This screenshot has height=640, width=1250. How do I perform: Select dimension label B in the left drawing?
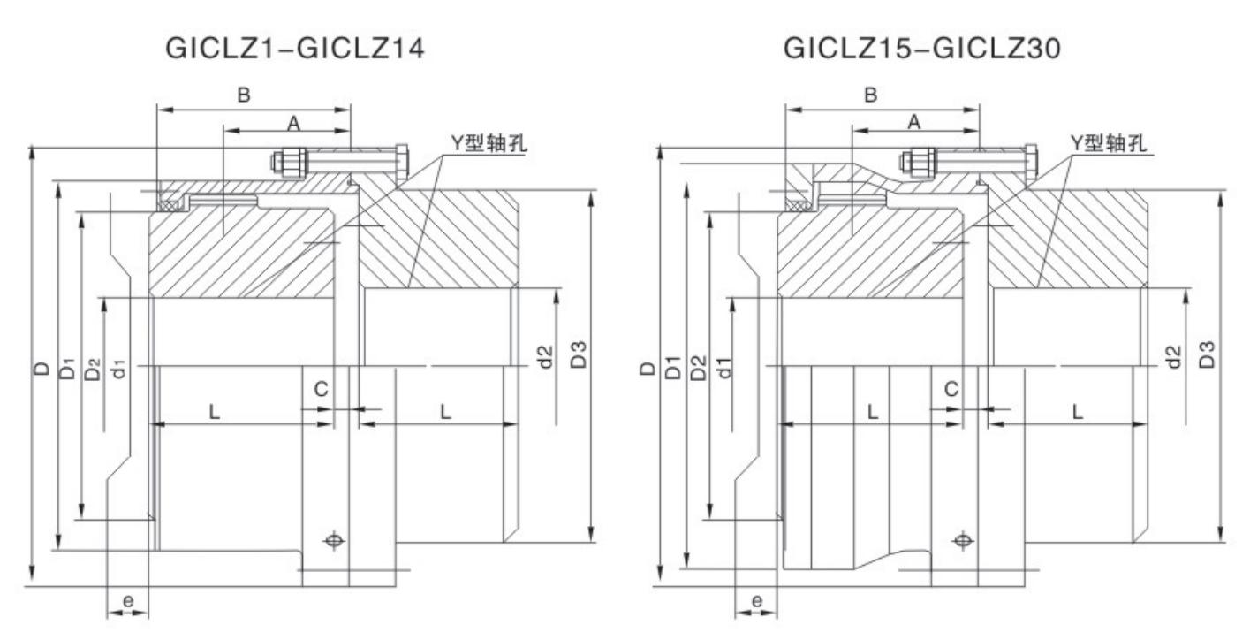pos(242,96)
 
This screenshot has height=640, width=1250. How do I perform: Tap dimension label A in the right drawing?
pos(914,123)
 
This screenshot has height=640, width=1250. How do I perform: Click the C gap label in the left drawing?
pos(322,388)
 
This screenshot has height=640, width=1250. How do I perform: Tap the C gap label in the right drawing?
pos(951,388)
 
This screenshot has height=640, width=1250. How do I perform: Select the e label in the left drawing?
pos(127,601)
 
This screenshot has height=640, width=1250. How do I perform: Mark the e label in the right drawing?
pos(756,601)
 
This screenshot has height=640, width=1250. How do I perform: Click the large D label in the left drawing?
pos(40,367)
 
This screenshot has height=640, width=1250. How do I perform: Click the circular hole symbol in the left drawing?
pos(334,539)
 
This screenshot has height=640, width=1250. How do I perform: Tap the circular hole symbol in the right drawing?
pos(962,539)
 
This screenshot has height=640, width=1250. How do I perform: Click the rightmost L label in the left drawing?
pos(446,412)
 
